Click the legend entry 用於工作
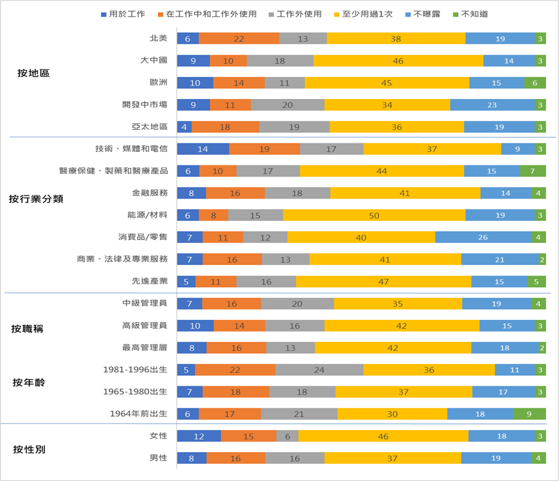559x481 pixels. pyautogui.click(x=122, y=14)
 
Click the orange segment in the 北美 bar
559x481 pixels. pyautogui.click(x=239, y=38)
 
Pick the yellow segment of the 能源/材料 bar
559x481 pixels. pyautogui.click(x=374, y=215)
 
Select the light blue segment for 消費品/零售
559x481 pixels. pyautogui.click(x=483, y=237)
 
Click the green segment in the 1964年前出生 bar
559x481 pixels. pyautogui.click(x=530, y=414)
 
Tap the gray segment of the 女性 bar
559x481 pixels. pyautogui.click(x=287, y=436)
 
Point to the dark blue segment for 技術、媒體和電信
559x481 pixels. pyautogui.click(x=203, y=148)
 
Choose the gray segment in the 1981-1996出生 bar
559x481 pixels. pyautogui.click(x=319, y=370)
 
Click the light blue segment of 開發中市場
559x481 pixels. pyautogui.click(x=492, y=105)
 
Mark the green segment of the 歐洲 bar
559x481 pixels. pyautogui.click(x=535, y=82)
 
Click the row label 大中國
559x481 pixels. pyautogui.click(x=154, y=60)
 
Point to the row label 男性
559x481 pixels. pyautogui.click(x=158, y=458)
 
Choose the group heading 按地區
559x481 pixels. pyautogui.click(x=33, y=73)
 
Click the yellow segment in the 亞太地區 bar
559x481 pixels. pyautogui.click(x=397, y=127)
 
